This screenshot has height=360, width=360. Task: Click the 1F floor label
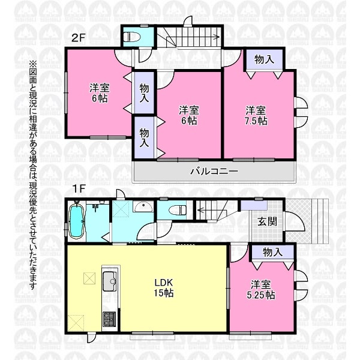tap(79, 189)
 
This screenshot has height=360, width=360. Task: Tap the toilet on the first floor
tap(178, 210)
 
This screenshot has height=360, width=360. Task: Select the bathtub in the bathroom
tap(77, 221)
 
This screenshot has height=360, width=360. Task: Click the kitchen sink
tap(110, 281)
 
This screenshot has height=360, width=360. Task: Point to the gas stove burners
tap(109, 319)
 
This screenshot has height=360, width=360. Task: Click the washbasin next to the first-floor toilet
tap(143, 206)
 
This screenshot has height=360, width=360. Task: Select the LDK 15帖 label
tap(164, 287)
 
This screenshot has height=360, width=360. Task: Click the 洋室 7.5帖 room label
tap(256, 115)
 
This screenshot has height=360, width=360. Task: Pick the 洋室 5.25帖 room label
tap(261, 290)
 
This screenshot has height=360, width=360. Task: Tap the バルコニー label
tap(214, 171)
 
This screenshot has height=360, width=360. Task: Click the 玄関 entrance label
tap(267, 222)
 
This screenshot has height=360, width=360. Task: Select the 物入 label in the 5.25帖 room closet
tap(272, 253)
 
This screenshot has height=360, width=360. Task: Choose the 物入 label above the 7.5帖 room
tap(264, 59)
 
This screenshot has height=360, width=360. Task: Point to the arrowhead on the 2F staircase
tap(217, 37)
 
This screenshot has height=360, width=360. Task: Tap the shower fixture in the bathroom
tap(95, 207)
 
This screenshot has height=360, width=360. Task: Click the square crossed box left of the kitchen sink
tap(89, 278)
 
